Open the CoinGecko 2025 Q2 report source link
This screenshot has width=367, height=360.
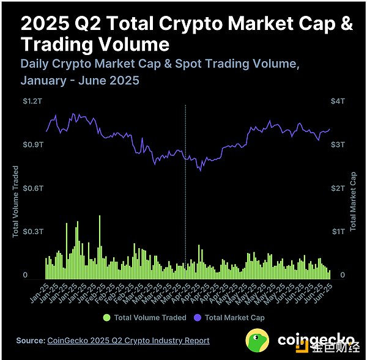[128, 340]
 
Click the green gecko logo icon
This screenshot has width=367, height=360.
[259, 339]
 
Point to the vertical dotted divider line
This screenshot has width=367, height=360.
[185, 183]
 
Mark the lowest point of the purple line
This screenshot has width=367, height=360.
[200, 171]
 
